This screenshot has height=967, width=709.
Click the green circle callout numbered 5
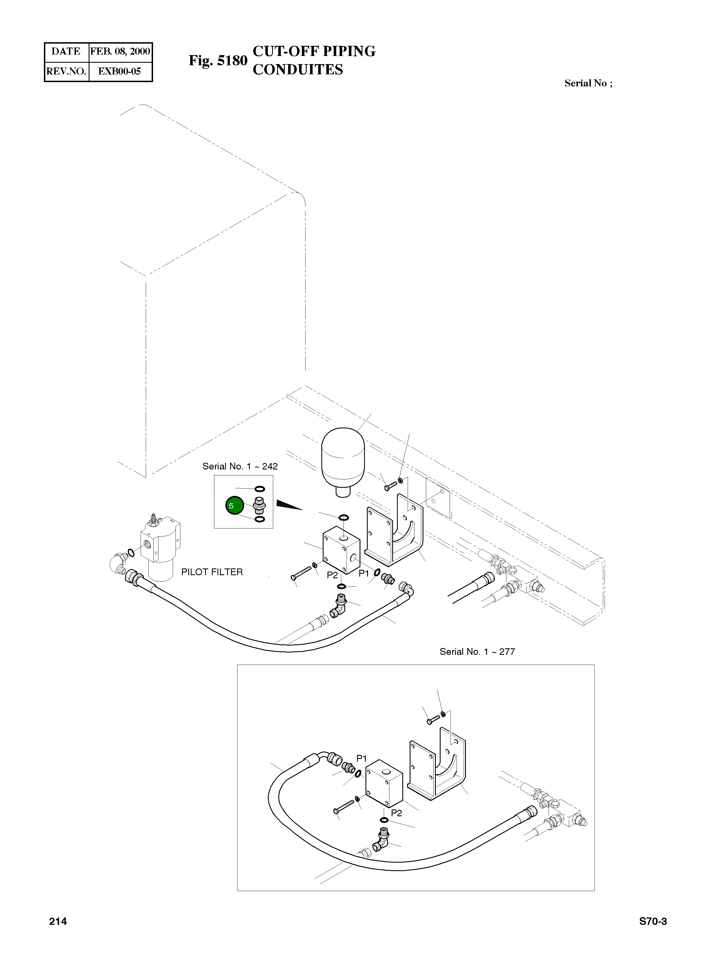(234, 506)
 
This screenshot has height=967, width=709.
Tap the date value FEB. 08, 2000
(120, 51)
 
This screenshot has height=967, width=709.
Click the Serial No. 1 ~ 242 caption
(240, 466)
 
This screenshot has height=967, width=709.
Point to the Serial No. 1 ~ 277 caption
(477, 652)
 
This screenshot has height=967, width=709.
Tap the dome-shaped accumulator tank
(343, 459)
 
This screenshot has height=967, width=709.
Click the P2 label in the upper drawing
(332, 575)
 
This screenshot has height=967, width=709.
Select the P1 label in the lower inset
(362, 759)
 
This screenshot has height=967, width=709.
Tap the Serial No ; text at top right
(588, 83)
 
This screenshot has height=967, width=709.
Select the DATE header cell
(66, 51)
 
